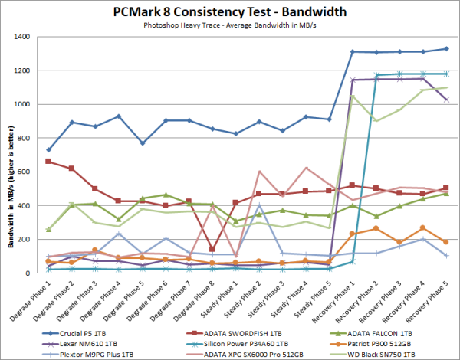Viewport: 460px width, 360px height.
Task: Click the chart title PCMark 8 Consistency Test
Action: tap(230, 12)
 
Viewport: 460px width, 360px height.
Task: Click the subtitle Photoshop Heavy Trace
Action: tap(230, 25)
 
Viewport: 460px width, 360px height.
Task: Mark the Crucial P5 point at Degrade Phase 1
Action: tap(49, 149)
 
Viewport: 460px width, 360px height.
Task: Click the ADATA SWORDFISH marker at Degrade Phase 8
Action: tap(212, 249)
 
